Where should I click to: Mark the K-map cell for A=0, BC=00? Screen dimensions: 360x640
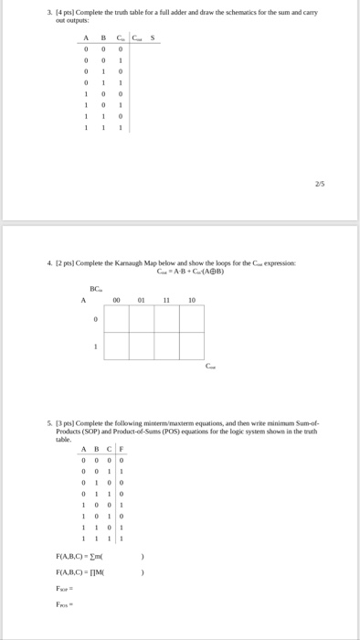117,318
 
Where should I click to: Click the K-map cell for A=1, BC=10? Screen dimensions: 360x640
192,346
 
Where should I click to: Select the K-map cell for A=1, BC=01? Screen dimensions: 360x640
142,346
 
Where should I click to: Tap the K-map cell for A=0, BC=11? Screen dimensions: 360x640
166,318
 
